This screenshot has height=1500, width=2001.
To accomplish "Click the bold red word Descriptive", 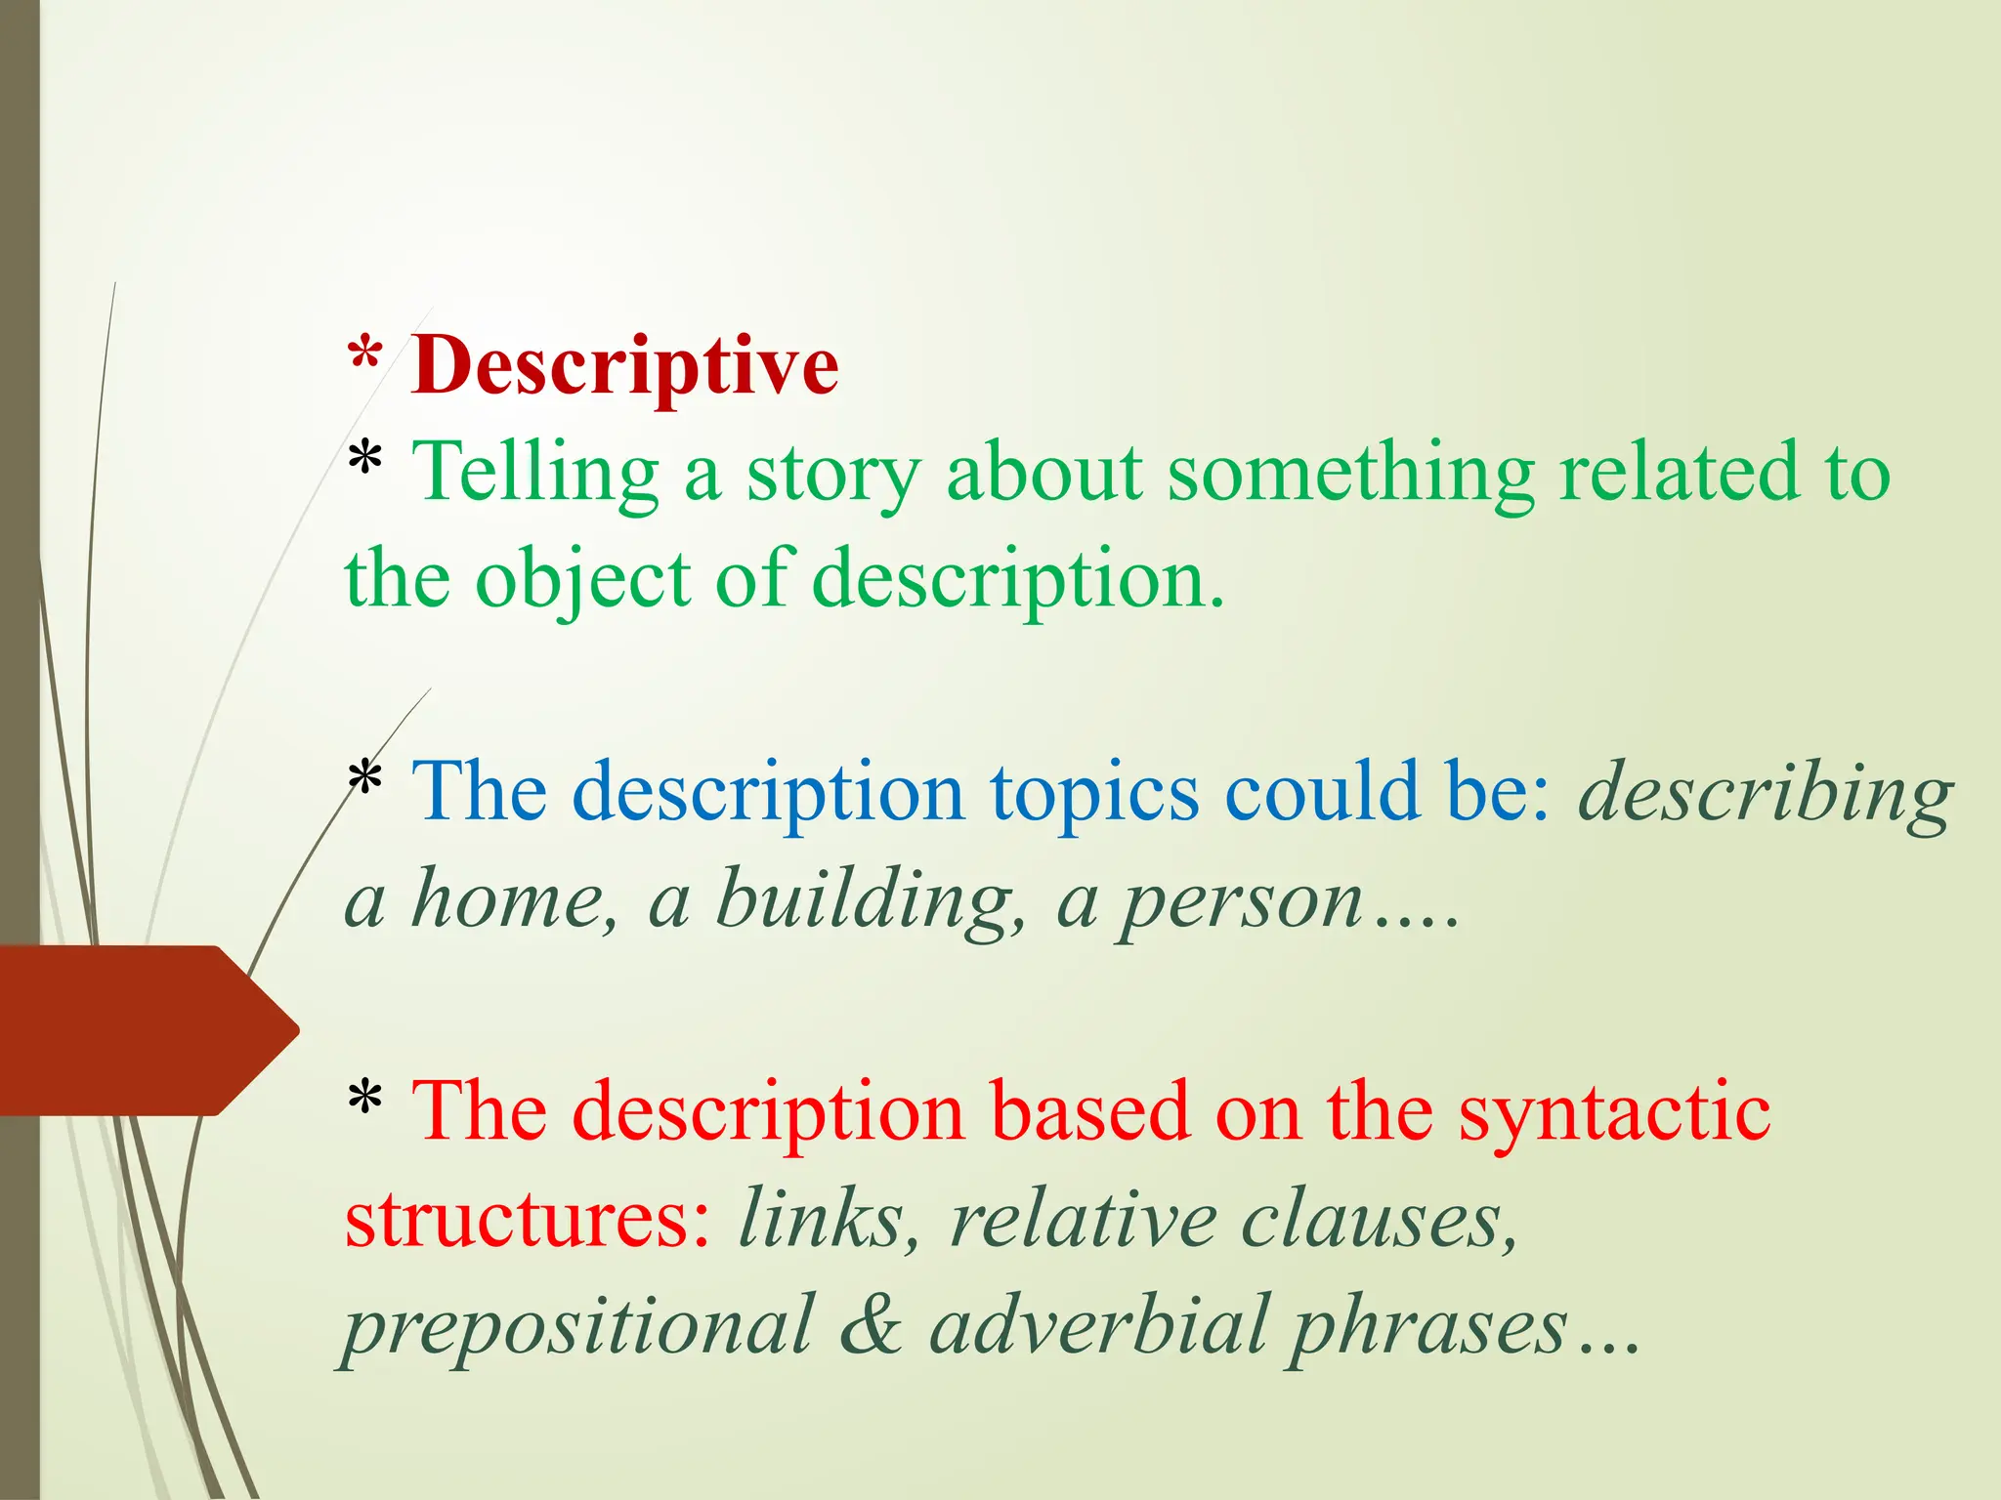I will coord(624,366).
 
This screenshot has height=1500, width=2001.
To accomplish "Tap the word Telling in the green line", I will coord(534,474).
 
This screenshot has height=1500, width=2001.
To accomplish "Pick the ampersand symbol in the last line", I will coord(870,1326).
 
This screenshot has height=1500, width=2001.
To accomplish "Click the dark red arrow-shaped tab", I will coord(147,1030).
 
